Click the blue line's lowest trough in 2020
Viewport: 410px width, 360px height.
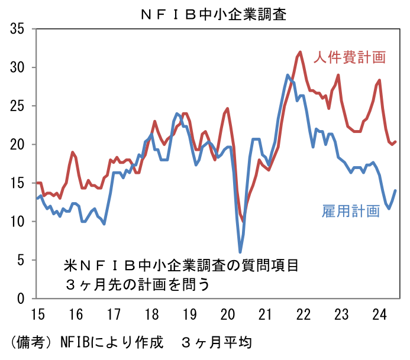240,252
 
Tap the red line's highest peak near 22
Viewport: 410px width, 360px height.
300,52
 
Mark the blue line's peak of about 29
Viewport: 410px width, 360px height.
288,75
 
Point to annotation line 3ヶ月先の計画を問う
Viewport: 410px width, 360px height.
137,284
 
